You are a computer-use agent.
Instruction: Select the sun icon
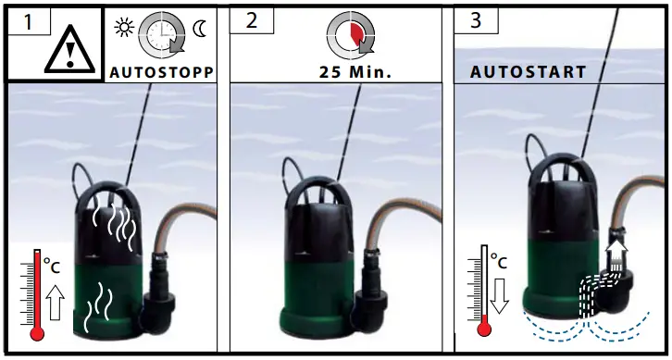click(x=123, y=27)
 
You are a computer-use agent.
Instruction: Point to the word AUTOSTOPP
click(x=163, y=71)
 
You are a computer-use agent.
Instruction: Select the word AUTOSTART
click(x=528, y=71)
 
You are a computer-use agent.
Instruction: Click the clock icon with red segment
click(x=350, y=34)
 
